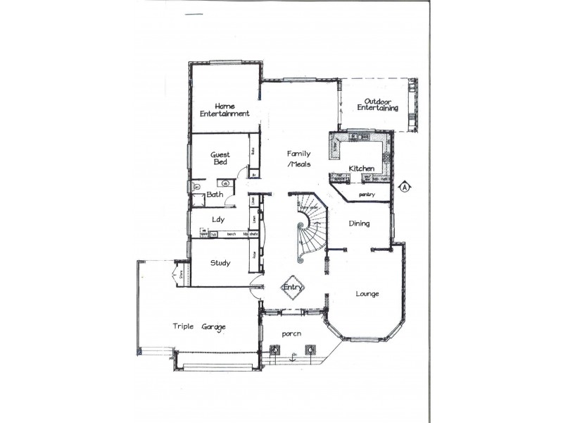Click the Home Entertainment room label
[x=224, y=109]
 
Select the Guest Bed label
[x=221, y=158]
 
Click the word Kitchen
[x=361, y=168]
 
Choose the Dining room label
[x=360, y=223]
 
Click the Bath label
[x=215, y=195]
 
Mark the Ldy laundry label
[x=219, y=219]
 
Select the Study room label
[x=220, y=263]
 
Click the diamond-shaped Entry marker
[x=292, y=287]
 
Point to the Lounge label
[x=367, y=293]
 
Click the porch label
[x=292, y=333]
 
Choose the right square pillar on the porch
[x=310, y=348]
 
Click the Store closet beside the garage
[x=180, y=274]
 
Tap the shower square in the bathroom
[x=196, y=185]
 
